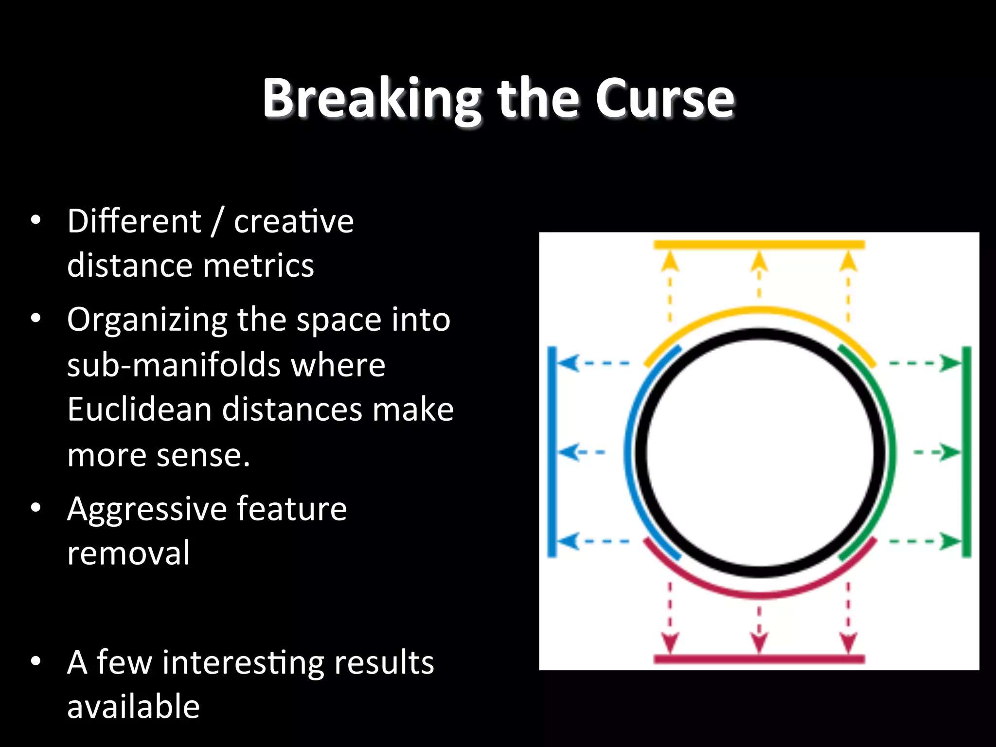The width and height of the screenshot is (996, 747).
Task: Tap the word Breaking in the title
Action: (x=372, y=99)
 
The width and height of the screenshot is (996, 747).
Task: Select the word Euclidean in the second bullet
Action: (x=139, y=409)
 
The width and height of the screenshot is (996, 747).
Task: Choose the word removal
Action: (x=128, y=553)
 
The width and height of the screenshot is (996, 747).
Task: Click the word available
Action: (x=133, y=707)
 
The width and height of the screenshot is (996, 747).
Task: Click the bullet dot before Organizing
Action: (x=36, y=319)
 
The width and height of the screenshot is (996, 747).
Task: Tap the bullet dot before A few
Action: (x=36, y=661)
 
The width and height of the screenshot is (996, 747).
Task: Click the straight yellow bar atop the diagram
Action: (x=759, y=245)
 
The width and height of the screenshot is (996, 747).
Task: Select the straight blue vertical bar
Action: (x=552, y=451)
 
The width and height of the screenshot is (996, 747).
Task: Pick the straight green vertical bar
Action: (x=967, y=451)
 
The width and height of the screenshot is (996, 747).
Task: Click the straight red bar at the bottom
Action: (x=759, y=659)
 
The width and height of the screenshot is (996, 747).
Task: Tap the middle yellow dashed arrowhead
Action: (x=759, y=263)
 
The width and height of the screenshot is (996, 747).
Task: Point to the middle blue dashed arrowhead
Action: (x=568, y=452)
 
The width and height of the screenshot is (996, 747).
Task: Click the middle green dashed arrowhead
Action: (x=950, y=452)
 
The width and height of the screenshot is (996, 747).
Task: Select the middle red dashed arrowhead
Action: (x=759, y=642)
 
